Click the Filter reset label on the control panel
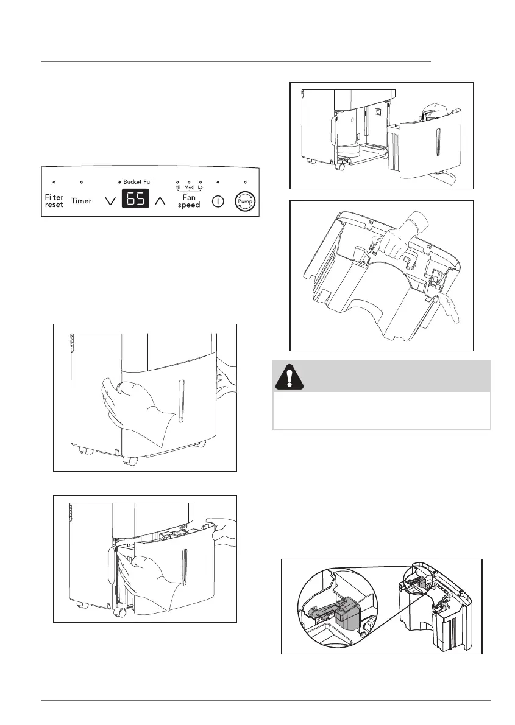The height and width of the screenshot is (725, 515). pyautogui.click(x=54, y=201)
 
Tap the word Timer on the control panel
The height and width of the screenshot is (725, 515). pyautogui.click(x=81, y=201)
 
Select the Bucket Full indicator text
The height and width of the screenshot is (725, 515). pyautogui.click(x=138, y=182)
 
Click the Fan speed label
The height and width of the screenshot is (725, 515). pyautogui.click(x=189, y=201)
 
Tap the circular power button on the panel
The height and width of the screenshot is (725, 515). pyautogui.click(x=218, y=201)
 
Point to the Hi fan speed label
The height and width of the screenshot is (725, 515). pyautogui.click(x=178, y=187)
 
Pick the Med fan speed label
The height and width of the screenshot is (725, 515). pyautogui.click(x=189, y=187)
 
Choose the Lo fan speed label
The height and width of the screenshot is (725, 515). pyautogui.click(x=200, y=187)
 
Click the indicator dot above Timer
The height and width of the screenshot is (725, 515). pyautogui.click(x=82, y=182)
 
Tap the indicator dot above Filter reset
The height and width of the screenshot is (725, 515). pyautogui.click(x=54, y=182)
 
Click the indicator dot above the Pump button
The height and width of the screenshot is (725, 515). pyautogui.click(x=245, y=182)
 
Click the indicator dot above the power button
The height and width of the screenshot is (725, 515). pyautogui.click(x=218, y=182)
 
